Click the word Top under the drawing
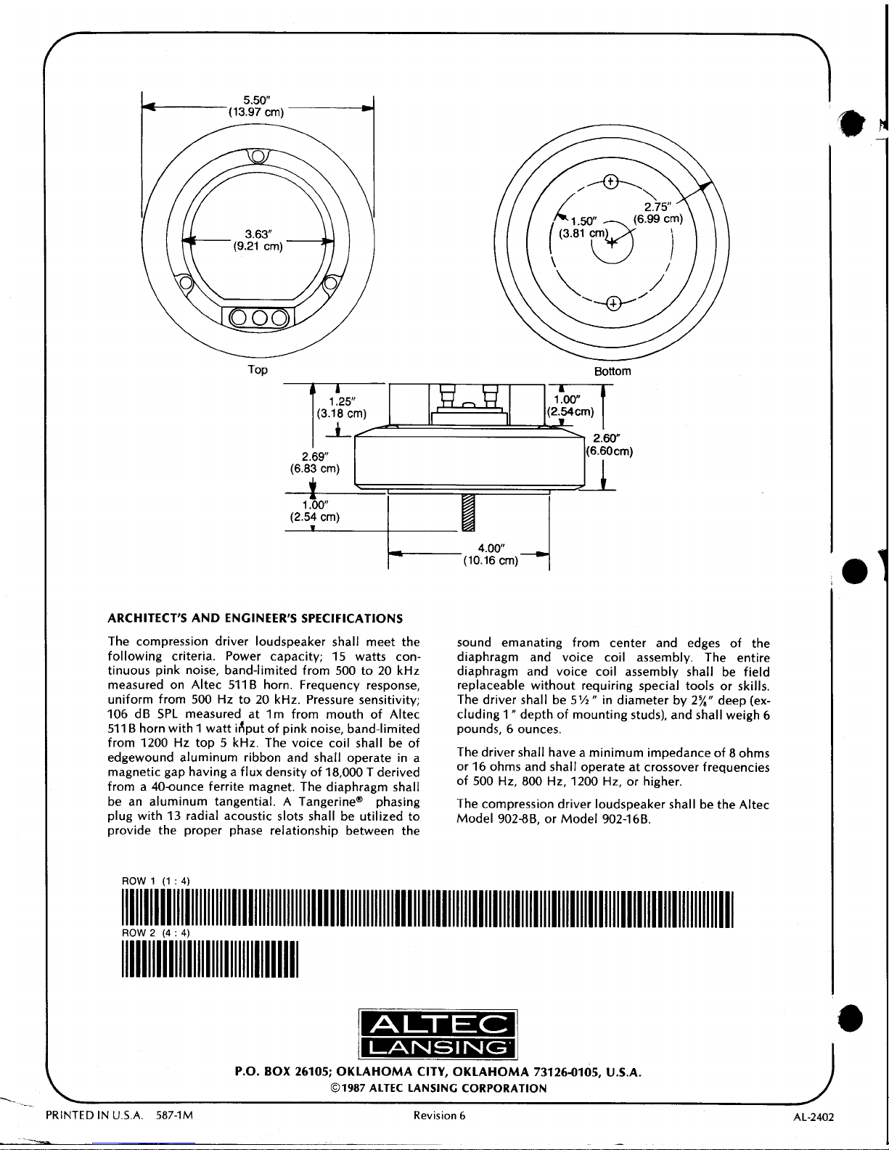pyautogui.click(x=258, y=370)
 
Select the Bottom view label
pyautogui.click(x=613, y=371)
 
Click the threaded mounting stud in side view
pyautogui.click(x=467, y=512)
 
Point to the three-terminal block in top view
pyautogui.click(x=258, y=318)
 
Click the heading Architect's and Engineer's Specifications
pyautogui.click(x=255, y=619)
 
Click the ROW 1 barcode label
pyautogui.click(x=155, y=881)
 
